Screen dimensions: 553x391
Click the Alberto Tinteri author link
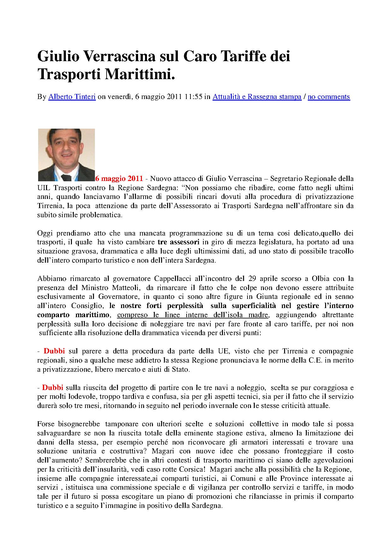click(x=72, y=97)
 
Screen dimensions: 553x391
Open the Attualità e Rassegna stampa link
click(x=257, y=97)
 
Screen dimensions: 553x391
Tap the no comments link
click(x=329, y=97)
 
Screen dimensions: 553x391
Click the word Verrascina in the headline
click(x=120, y=57)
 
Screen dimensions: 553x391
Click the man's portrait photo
click(x=67, y=154)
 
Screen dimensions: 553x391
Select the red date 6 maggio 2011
click(x=119, y=179)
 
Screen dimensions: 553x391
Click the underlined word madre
click(x=258, y=315)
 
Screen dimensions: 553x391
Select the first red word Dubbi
click(x=54, y=351)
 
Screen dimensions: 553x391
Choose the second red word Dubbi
click(x=53, y=387)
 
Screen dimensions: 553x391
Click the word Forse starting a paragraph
click(x=46, y=424)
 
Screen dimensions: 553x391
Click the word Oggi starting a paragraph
click(x=45, y=233)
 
